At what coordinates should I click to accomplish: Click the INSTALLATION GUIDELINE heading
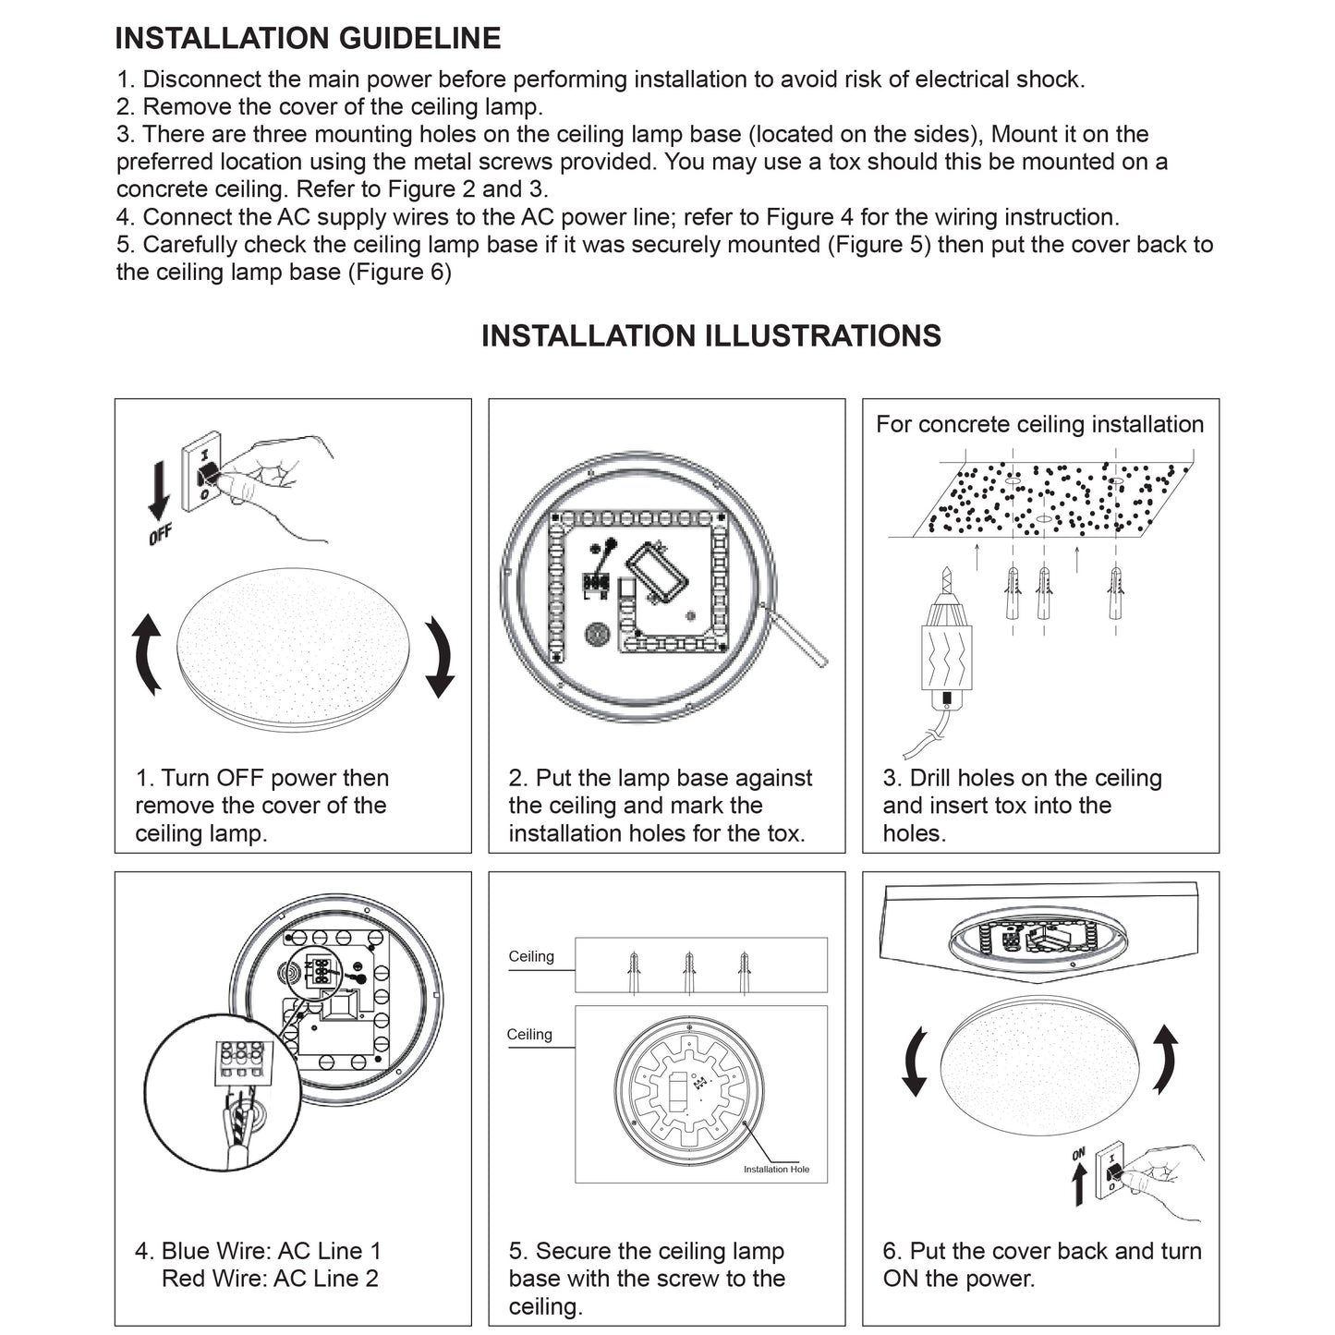(x=308, y=39)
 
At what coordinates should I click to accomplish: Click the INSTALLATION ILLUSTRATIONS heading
(x=710, y=335)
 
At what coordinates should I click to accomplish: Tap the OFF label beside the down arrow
(x=161, y=534)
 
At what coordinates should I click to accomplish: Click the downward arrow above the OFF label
(x=159, y=488)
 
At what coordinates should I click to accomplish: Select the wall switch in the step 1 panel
(x=202, y=471)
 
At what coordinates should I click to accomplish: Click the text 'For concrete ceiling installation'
(x=1039, y=424)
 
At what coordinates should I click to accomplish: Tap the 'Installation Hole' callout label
(x=776, y=1170)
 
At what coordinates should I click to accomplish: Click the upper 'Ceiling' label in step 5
(x=531, y=956)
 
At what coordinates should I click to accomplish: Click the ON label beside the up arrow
(x=1078, y=1154)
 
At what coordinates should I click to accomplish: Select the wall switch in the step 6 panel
(x=1110, y=1171)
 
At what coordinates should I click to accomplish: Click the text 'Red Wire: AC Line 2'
(x=270, y=1279)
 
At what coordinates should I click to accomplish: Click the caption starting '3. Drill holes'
(x=1022, y=805)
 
